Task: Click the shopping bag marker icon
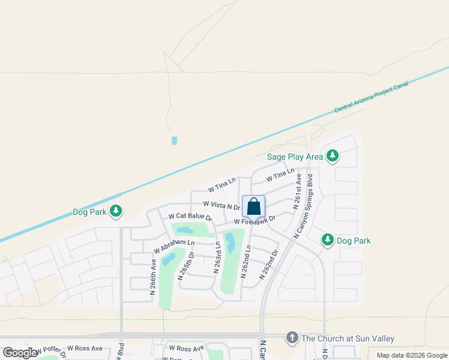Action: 254,206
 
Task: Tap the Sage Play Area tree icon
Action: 333,157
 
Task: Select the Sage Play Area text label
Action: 295,157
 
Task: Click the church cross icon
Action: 292,338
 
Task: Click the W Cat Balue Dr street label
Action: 190,216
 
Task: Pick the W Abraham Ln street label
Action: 174,246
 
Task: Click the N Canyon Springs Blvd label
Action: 303,207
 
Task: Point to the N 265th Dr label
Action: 185,265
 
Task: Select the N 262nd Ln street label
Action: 245,262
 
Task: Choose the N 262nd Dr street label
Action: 269,264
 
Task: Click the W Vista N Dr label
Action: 221,206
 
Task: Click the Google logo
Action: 20,353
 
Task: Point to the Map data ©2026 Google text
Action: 412,355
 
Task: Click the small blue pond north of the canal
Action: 175,140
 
